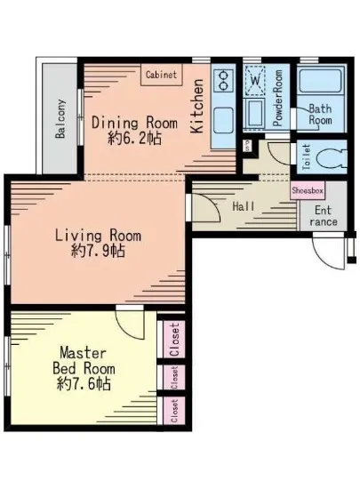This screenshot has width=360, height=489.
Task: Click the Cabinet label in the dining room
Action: coord(161,75)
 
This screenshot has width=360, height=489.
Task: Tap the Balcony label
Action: coord(60,118)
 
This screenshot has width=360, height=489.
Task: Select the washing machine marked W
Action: coord(255,81)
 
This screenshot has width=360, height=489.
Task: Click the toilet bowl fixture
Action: coord(331,158)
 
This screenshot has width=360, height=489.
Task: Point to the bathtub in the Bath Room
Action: coord(320,81)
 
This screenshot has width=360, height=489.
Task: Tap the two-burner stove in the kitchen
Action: coord(223,80)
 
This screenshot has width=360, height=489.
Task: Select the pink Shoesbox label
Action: coord(308,190)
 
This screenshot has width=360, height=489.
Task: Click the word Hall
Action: coord(244,206)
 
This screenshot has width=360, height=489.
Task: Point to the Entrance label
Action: coord(324,216)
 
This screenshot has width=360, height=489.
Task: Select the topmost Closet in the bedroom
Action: coord(174,340)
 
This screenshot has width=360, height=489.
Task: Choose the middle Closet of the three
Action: coord(174,378)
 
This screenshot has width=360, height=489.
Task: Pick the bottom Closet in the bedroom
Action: coord(174,411)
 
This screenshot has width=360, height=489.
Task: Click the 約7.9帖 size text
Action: coord(98,251)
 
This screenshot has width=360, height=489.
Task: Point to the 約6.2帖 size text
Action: coord(134,138)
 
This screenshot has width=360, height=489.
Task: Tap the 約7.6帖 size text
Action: coord(84,384)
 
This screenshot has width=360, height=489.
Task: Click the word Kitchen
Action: coord(196,107)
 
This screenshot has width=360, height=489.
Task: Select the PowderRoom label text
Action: coord(277,98)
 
